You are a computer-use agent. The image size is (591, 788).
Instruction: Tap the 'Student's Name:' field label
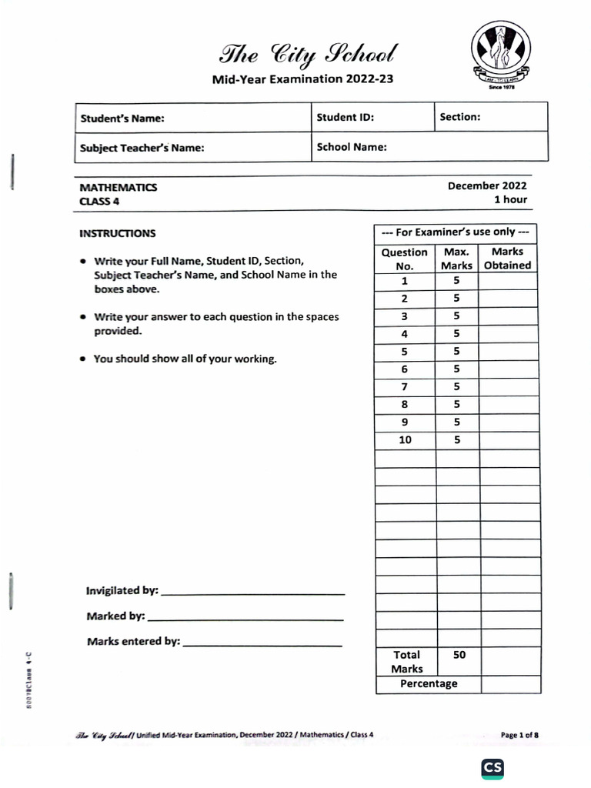(x=122, y=119)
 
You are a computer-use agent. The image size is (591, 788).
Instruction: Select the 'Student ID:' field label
(x=346, y=118)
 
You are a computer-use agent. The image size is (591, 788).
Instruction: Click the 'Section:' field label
(x=460, y=117)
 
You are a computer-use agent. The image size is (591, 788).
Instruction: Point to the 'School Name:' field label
(x=352, y=147)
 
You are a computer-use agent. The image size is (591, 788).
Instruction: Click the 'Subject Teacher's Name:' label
(x=142, y=148)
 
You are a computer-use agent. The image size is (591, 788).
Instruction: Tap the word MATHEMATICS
(x=119, y=187)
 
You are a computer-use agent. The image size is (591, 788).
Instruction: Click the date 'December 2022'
(x=487, y=185)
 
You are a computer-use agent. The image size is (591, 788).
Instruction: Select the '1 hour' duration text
(x=510, y=199)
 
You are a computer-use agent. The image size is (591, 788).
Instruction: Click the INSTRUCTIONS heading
(x=117, y=233)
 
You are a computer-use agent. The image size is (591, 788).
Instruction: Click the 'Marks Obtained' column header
(x=507, y=259)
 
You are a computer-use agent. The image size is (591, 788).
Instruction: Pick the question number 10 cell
(x=405, y=440)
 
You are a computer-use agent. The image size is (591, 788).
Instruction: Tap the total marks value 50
(x=459, y=655)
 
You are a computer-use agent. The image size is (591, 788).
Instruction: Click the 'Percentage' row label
(x=428, y=683)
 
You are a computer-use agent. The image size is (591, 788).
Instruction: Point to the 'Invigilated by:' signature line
(x=254, y=593)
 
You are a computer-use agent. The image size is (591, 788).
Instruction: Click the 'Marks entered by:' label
(x=133, y=641)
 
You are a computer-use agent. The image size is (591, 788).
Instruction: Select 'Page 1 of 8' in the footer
(x=519, y=735)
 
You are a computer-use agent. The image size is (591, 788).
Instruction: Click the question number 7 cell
(x=405, y=386)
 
